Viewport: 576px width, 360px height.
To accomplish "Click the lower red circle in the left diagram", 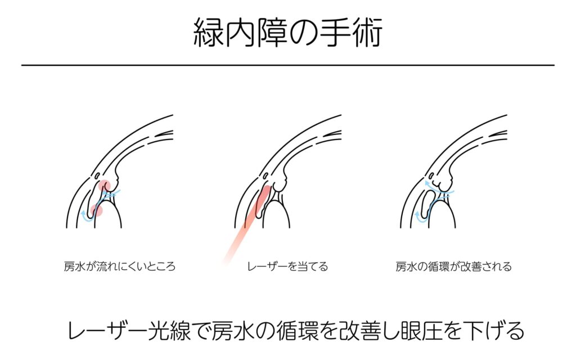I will pos(96,210).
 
